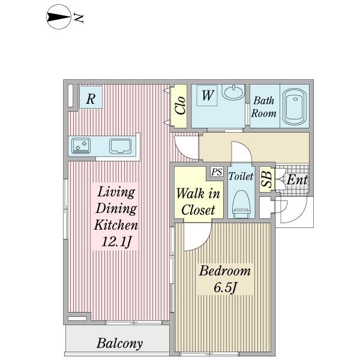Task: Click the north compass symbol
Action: pos(59,17)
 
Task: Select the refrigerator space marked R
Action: pos(91,97)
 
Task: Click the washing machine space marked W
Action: pos(207,95)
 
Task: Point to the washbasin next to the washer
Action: pos(234,92)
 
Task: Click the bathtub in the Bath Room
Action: pos(295,107)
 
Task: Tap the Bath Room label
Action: pos(263,107)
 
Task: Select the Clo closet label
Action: pos(180,106)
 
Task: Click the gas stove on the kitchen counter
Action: pos(81,146)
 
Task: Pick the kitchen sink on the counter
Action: pos(121,146)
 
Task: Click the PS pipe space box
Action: pos(217,172)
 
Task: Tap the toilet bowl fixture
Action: pos(241,204)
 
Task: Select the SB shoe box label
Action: pos(267,179)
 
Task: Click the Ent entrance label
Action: pos(297,180)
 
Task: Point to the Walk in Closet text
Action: pos(198,202)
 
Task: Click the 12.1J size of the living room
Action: pos(116,241)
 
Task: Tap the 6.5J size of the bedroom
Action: pos(225,287)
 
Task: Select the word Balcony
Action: pos(119,344)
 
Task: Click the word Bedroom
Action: pos(225,271)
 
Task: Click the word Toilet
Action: pos(241,176)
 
